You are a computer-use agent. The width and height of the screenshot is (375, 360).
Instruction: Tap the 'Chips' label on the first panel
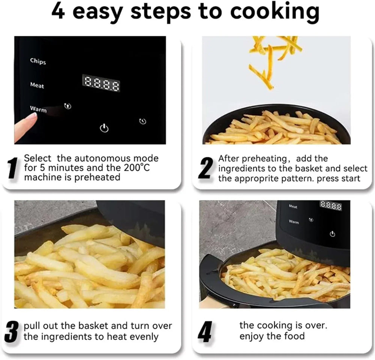pos(38,61)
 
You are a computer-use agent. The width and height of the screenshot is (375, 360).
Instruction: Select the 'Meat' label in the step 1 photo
pos(37,85)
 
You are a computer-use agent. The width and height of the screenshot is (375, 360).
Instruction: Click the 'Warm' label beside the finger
pos(38,109)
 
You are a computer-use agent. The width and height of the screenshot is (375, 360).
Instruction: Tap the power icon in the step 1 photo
pos(104,129)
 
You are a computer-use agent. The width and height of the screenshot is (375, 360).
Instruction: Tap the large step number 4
pos(204,332)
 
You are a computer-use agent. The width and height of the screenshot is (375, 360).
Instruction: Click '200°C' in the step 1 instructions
pos(135,168)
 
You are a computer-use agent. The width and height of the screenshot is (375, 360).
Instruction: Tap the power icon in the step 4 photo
pos(332,234)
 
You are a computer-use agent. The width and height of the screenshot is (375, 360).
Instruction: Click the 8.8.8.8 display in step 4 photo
pos(330,206)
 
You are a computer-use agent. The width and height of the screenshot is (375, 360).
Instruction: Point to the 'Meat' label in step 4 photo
pos(293,207)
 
